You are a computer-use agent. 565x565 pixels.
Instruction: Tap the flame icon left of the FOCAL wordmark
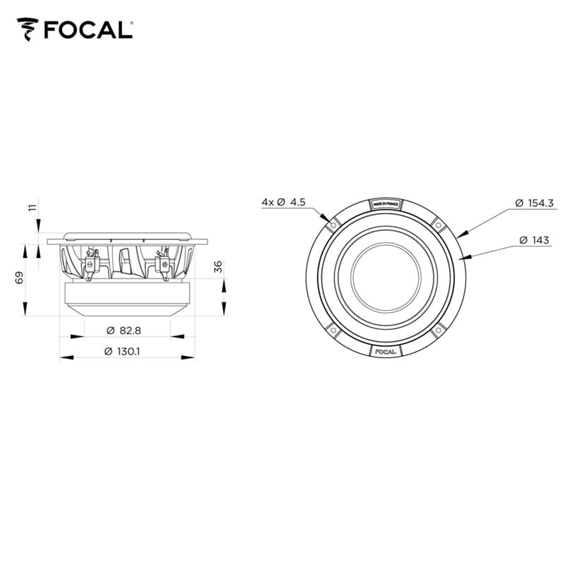click(28, 30)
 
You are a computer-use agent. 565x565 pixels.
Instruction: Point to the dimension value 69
click(20, 277)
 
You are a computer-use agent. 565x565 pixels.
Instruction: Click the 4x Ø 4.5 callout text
click(282, 202)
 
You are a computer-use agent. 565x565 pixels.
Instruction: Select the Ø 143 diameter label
click(534, 240)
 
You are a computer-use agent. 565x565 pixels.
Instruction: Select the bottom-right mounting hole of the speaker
click(439, 330)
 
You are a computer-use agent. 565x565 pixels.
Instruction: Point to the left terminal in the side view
click(90, 263)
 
